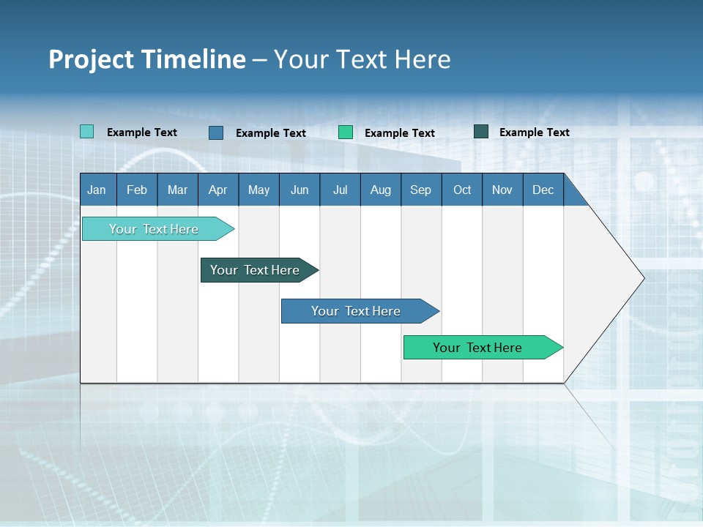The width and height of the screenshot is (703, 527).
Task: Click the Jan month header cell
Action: (x=97, y=190)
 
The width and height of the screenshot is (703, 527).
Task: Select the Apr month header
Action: (x=218, y=190)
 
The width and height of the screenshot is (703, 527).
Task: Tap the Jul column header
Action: (x=340, y=190)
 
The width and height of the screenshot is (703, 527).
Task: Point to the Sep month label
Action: (x=420, y=190)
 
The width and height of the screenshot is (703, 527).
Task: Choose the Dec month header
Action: (x=543, y=190)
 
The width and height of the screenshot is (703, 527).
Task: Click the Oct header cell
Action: (x=462, y=190)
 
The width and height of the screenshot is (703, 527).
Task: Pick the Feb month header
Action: (x=137, y=190)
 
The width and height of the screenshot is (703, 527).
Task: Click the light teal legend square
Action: (x=87, y=132)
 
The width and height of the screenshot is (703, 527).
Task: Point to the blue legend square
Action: (x=216, y=132)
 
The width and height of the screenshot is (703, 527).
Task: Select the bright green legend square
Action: (x=346, y=132)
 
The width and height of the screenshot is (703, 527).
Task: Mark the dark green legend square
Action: (x=481, y=132)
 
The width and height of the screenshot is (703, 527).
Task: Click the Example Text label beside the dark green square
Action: (x=534, y=132)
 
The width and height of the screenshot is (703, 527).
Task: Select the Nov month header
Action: (x=502, y=190)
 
